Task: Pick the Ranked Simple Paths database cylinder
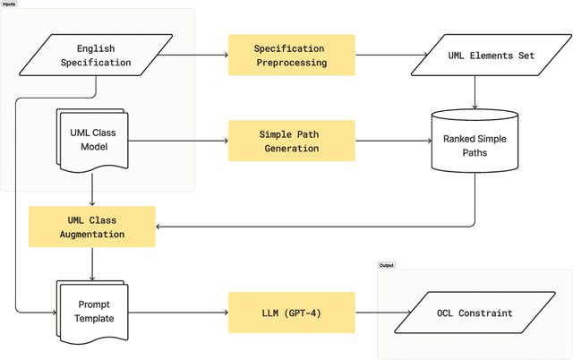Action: click(474, 141)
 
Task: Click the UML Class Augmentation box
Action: click(93, 227)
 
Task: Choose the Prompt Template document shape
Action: click(93, 312)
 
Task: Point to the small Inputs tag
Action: click(8, 4)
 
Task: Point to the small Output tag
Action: click(387, 265)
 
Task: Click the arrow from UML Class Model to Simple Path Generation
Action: click(179, 141)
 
